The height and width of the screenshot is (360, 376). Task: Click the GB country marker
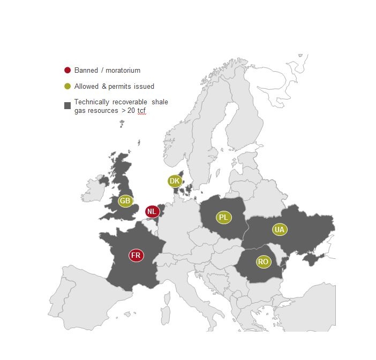125,201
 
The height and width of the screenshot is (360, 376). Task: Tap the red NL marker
152,211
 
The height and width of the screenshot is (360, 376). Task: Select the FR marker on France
136,255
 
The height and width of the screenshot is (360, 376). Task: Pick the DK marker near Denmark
175,181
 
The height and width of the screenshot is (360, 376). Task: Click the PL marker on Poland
223,217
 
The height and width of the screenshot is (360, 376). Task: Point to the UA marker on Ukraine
279,229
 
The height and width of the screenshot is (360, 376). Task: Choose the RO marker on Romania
263,262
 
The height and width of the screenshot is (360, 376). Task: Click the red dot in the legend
67,70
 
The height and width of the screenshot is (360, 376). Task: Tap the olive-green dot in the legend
67,86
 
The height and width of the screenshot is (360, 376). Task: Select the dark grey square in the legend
67,106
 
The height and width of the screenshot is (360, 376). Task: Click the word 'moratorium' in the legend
123,70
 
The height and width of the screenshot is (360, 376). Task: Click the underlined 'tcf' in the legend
141,110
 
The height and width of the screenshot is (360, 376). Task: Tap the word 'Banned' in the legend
86,70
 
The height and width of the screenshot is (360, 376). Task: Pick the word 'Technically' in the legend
91,102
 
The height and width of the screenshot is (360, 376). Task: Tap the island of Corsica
167,293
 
